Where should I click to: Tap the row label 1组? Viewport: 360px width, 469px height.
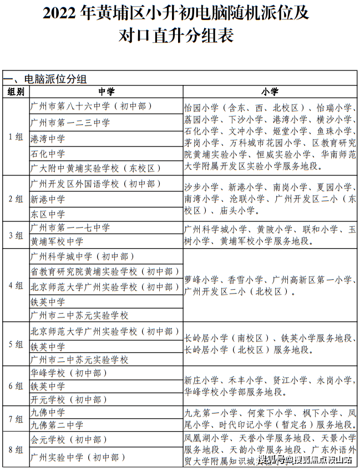(16, 137)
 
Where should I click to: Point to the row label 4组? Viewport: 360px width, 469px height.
(16, 286)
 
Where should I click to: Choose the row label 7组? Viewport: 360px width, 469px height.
(16, 418)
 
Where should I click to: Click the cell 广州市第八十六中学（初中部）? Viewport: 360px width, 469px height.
(92, 106)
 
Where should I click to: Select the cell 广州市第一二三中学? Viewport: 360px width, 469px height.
(70, 122)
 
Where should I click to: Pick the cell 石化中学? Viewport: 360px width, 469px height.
(48, 153)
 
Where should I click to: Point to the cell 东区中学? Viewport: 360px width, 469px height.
(48, 214)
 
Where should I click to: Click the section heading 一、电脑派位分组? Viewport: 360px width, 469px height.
(45, 79)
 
